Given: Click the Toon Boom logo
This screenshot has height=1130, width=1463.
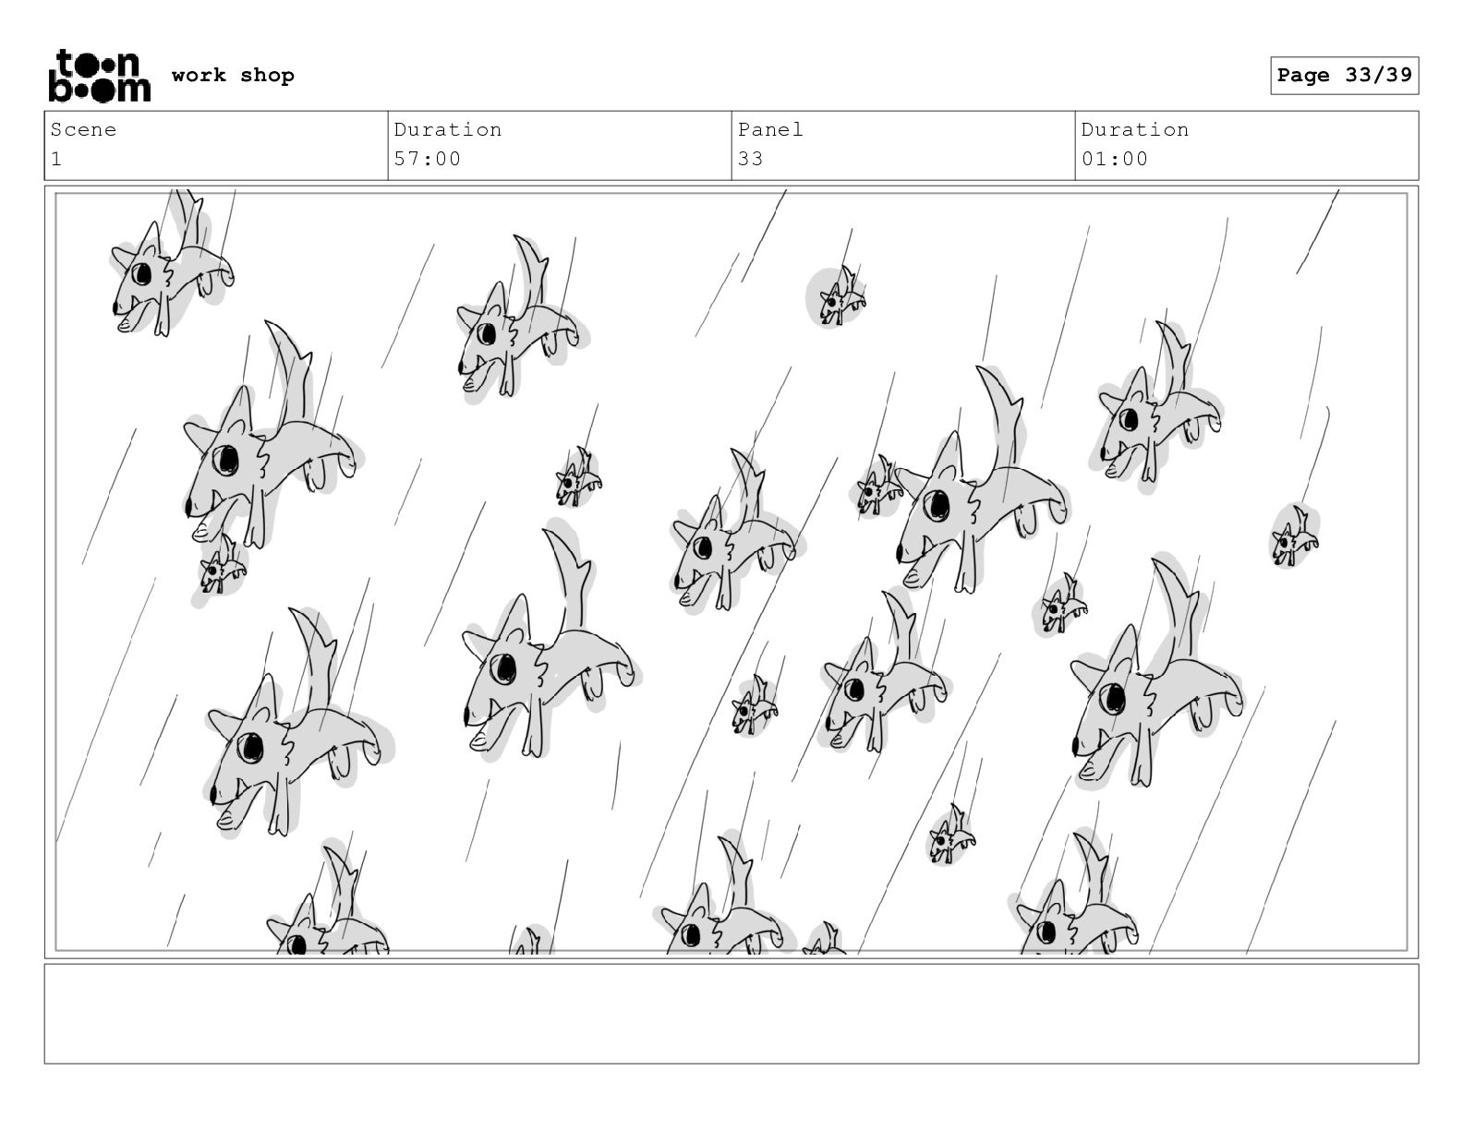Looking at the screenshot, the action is point(100,76).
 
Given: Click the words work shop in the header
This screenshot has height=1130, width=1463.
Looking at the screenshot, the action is point(233,75).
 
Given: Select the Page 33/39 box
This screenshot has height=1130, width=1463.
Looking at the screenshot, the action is point(1344,76).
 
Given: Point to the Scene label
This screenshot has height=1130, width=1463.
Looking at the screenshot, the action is point(83,129).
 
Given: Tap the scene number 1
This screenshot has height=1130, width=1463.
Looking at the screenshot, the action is point(56,159).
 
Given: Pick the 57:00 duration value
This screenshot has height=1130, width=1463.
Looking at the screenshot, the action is point(428,159).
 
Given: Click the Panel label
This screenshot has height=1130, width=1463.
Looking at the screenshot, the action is point(770,129).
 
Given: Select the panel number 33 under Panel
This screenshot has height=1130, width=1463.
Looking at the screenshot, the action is point(750,159).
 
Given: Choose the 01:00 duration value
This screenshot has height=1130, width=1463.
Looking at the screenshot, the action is point(1114,159).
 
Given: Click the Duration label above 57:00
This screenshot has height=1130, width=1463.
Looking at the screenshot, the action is point(448,129).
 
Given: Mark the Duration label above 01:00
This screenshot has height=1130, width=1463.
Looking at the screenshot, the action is point(1135,129).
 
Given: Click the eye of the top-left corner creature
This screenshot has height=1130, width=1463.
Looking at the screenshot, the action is point(142,274).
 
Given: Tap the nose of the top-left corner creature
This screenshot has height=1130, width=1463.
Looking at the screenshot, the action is point(115,308).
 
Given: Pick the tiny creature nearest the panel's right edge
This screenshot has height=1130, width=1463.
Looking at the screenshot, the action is point(1294,536).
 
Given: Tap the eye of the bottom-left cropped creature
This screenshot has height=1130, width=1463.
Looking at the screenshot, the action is point(296,944).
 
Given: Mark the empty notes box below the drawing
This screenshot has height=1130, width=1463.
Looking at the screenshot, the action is point(731,1015).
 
